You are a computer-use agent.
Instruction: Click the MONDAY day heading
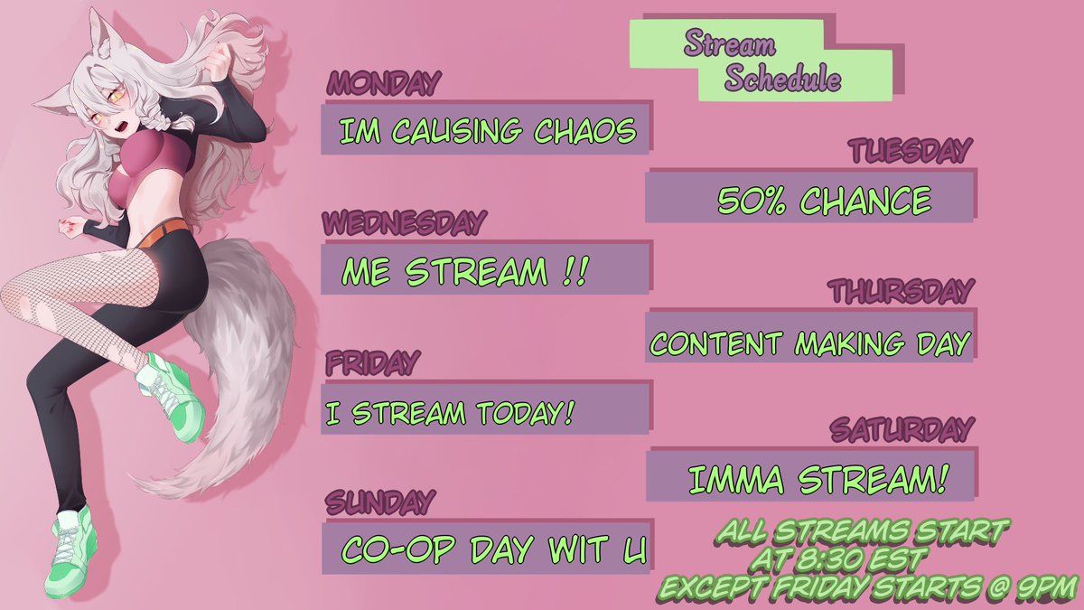[383, 83]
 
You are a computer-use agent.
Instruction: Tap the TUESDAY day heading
[911, 150]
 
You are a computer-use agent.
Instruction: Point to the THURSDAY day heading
[901, 291]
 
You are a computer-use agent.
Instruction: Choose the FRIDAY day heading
[372, 362]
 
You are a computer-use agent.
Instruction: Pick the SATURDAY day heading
[902, 429]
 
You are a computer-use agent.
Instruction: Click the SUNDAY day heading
[380, 502]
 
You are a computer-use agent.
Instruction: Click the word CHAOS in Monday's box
[584, 131]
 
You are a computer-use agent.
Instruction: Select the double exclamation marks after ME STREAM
[576, 271]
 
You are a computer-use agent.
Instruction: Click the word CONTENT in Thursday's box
[716, 343]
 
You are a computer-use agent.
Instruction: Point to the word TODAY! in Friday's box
[526, 413]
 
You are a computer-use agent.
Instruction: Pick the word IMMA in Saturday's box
[735, 480]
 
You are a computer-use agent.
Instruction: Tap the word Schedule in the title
[782, 78]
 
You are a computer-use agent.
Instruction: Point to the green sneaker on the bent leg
[171, 396]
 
